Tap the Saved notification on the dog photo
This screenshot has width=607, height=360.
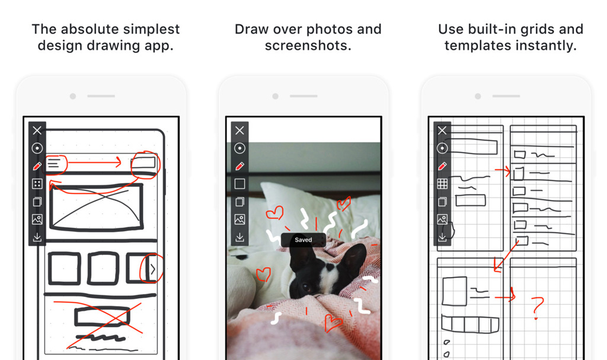(x=303, y=240)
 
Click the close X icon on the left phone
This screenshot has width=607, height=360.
(x=37, y=130)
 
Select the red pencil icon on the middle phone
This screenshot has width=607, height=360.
(x=239, y=166)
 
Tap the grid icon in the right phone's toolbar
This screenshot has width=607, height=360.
(x=442, y=184)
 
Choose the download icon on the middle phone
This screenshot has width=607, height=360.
(x=239, y=237)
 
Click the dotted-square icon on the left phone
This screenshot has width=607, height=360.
(x=37, y=184)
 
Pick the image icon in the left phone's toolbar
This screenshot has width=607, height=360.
(x=37, y=219)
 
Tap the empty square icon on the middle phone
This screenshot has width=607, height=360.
(x=239, y=184)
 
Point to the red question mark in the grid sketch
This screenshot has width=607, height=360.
(x=537, y=307)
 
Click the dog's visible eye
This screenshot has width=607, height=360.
(x=307, y=288)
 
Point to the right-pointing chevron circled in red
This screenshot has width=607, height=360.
(x=153, y=269)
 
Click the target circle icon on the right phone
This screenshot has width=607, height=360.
(x=442, y=148)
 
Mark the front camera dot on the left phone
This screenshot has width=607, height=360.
(x=73, y=96)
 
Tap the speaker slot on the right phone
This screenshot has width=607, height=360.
(x=506, y=96)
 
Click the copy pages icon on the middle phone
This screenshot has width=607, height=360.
(x=239, y=202)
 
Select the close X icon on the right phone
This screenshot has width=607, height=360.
(x=442, y=130)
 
